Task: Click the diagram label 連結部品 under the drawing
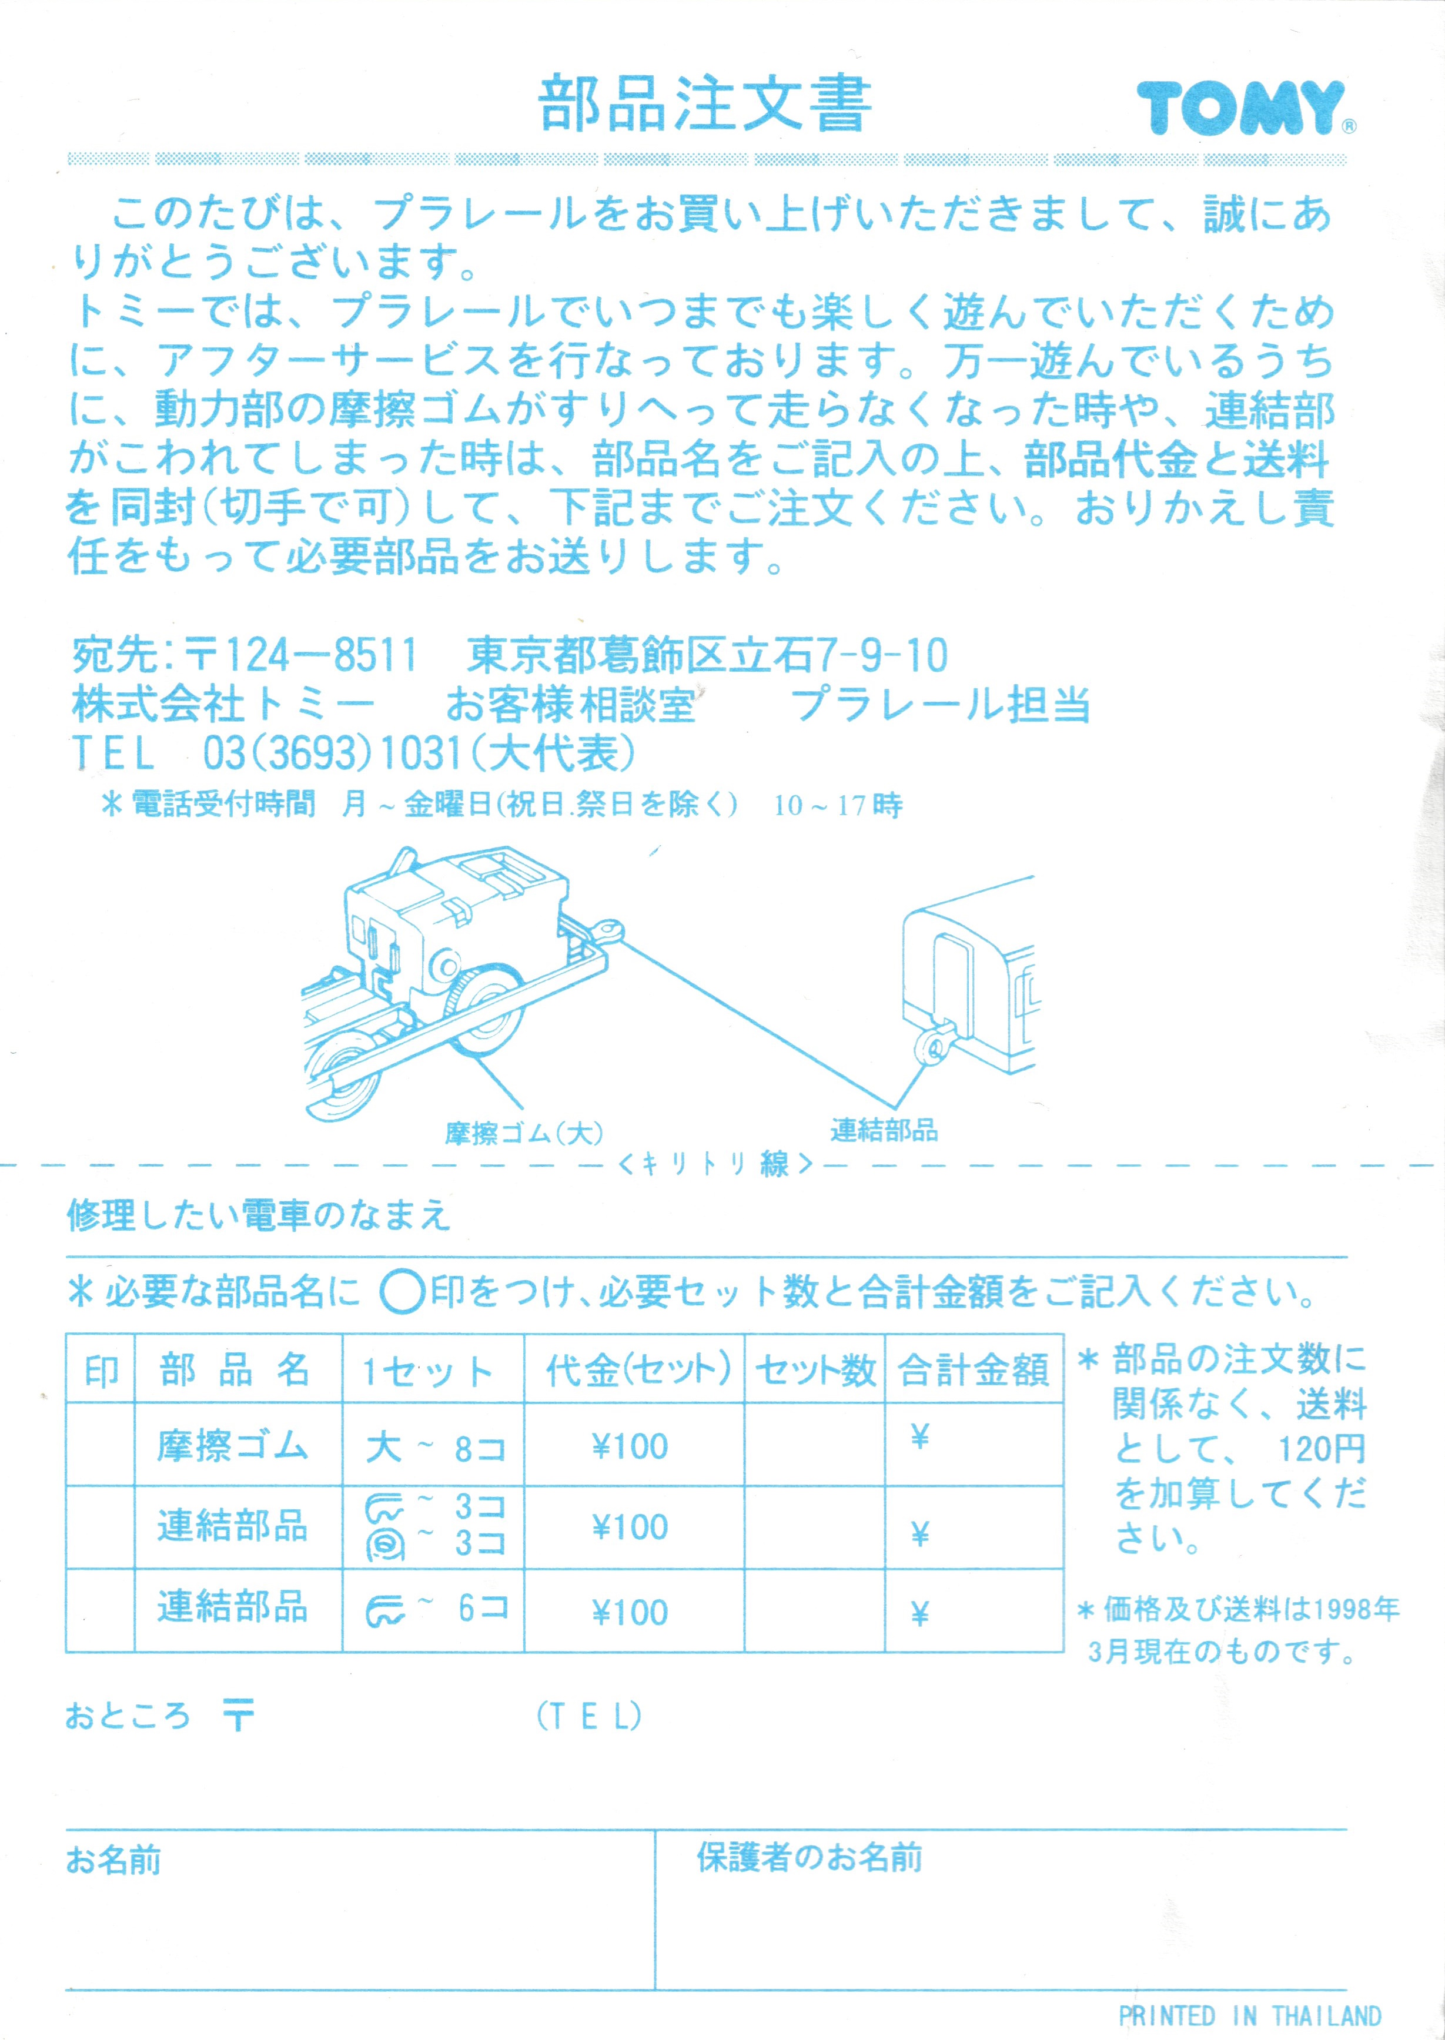pos(884,1130)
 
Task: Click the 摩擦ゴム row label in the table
pos(233,1446)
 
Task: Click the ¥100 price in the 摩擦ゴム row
pos(630,1446)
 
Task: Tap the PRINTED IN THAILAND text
pos(1249,2015)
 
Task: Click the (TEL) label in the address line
pos(589,1716)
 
